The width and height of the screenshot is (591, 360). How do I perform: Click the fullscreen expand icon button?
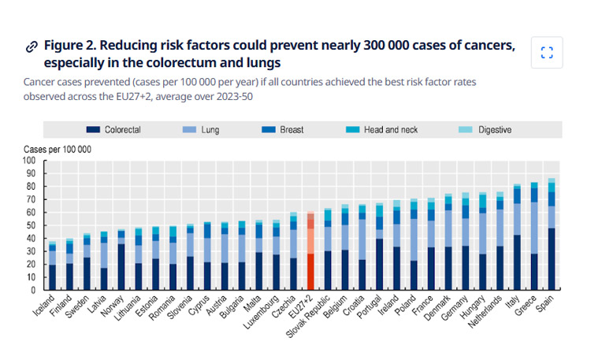pyautogui.click(x=547, y=53)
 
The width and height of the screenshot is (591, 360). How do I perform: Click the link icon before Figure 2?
pyautogui.click(x=32, y=46)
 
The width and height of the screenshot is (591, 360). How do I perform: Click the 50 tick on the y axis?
pyautogui.click(x=32, y=225)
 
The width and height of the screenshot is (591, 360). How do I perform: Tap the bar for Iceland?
pyautogui.click(x=53, y=268)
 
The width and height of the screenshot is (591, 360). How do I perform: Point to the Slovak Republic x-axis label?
pyautogui.click(x=314, y=314)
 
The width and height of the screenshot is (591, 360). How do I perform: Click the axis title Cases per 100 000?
pyautogui.click(x=58, y=148)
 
